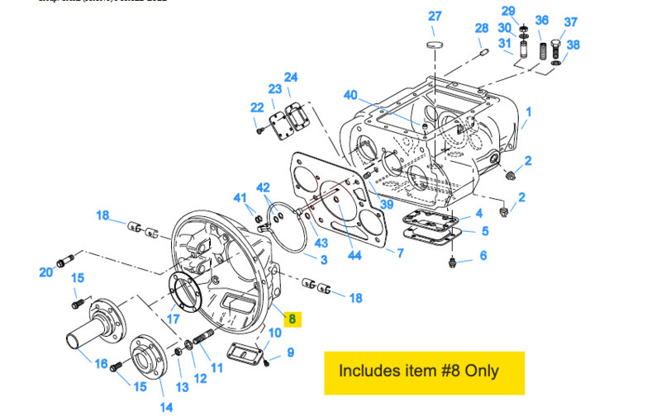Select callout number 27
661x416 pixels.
coord(435,17)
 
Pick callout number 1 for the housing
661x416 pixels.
coord(529,111)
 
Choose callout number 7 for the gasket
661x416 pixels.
coord(400,253)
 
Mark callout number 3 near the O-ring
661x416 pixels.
coord(324,259)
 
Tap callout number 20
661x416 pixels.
coord(46,272)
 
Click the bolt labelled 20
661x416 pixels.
coord(66,262)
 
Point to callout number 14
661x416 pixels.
coord(166,406)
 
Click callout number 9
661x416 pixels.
coord(290,352)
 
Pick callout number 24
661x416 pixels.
coord(291,78)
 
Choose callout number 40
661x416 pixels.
coord(350,94)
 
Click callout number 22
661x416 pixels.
coord(257,106)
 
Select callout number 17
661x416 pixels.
coord(174,318)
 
